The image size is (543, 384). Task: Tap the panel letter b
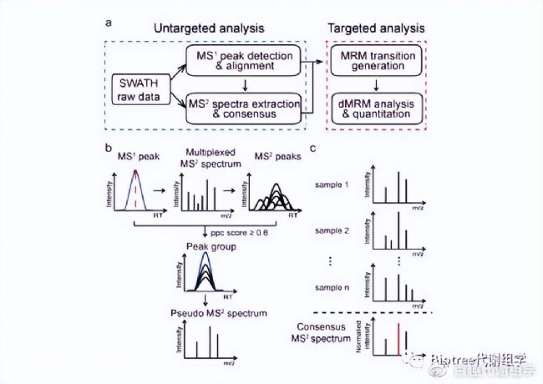point(108,148)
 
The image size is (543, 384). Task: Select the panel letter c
point(312,149)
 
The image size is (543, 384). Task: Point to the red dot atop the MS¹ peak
point(132,173)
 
